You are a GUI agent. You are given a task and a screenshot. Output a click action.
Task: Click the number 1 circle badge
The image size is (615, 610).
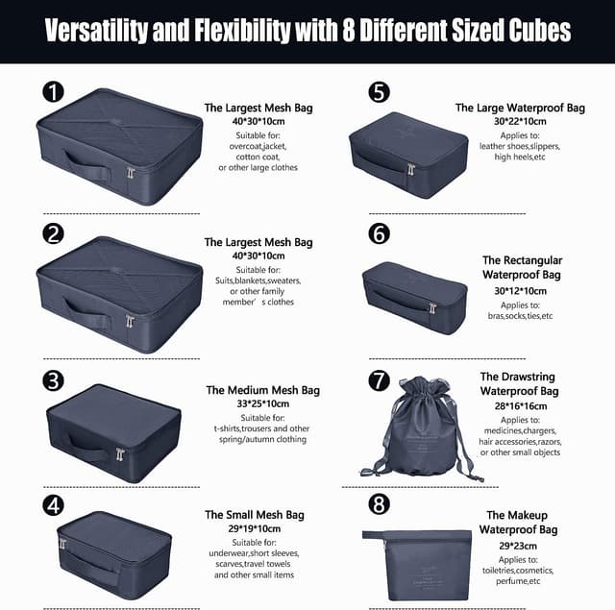tap(53, 91)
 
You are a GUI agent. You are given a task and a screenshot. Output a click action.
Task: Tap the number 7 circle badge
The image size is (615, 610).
tap(379, 380)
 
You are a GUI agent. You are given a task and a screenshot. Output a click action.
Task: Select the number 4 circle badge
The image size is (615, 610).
tap(53, 505)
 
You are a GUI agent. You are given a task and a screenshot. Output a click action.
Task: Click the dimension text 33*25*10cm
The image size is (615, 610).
tap(262, 403)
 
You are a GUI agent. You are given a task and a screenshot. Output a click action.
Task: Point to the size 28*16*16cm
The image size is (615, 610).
tap(521, 406)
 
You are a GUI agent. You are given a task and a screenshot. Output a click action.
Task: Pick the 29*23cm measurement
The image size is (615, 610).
tap(518, 546)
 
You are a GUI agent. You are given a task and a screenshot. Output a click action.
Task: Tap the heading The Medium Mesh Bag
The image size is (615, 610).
tap(262, 390)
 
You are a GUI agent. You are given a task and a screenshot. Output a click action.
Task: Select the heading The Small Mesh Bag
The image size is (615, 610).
tap(254, 515)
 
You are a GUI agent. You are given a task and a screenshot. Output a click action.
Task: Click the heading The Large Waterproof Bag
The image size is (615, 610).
tap(520, 108)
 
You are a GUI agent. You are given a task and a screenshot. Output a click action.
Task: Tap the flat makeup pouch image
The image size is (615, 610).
tap(416, 565)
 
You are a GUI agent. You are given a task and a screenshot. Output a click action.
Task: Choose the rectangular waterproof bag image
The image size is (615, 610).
tap(414, 298)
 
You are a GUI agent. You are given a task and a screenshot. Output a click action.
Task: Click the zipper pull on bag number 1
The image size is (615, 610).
tap(131, 173)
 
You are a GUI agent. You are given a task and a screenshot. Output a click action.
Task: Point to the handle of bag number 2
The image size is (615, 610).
tap(86, 314)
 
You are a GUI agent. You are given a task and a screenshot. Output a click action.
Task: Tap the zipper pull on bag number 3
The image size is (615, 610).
tap(120, 454)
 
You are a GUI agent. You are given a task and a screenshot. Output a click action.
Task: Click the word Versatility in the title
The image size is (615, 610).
tap(96, 31)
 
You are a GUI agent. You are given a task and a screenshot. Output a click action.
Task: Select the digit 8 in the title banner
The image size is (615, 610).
tap(348, 30)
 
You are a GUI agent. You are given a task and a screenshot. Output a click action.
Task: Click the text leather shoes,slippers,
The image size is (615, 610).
tap(519, 146)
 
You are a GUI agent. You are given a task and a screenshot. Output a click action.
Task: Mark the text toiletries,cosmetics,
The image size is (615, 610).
tap(518, 571)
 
